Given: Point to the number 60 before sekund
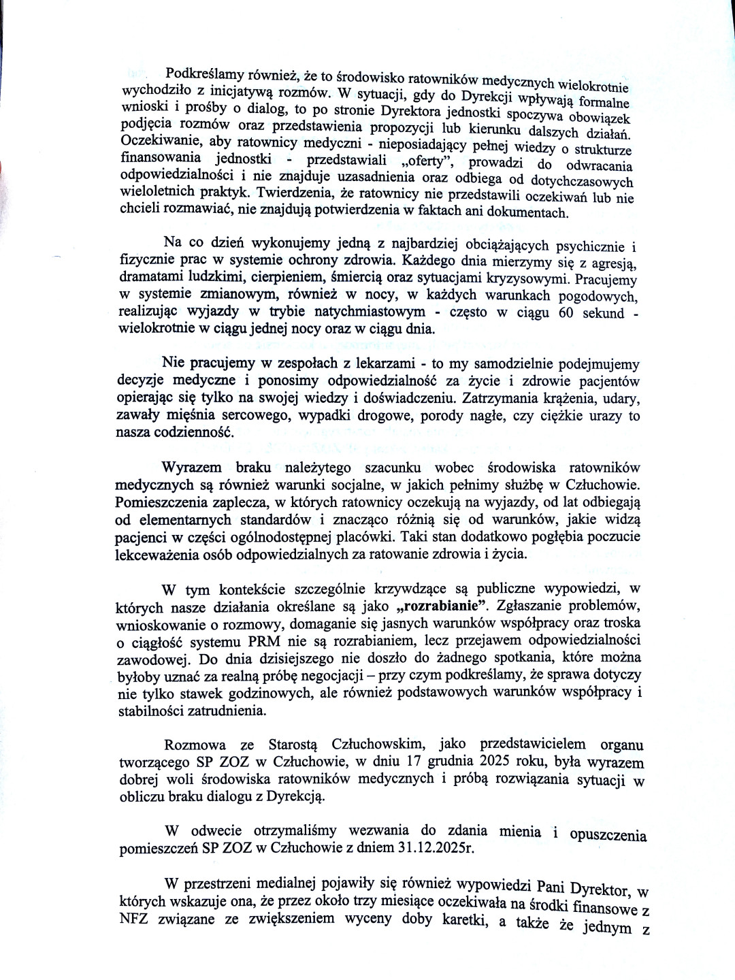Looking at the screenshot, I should (x=566, y=313).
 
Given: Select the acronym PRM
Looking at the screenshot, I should (x=263, y=641).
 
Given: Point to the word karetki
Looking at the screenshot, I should (x=465, y=921).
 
